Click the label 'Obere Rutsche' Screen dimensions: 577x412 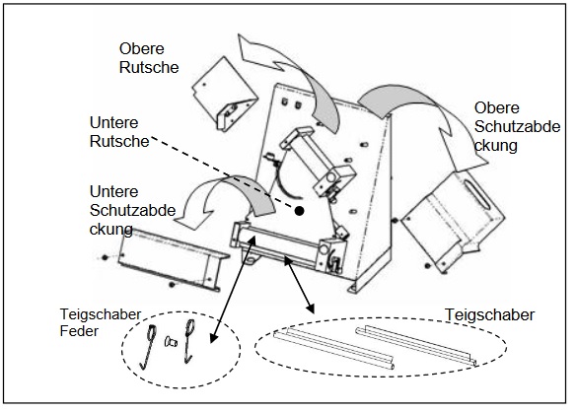click(149, 58)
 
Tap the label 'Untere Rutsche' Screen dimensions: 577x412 click(119, 132)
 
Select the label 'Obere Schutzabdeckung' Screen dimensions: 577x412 click(517, 126)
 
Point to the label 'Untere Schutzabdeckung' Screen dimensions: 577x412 click(132, 210)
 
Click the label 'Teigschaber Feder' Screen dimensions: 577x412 click(100, 322)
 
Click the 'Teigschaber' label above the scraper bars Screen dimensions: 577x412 click(489, 314)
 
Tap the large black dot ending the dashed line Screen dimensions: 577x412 click(300, 211)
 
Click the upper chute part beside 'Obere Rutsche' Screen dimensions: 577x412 click(225, 95)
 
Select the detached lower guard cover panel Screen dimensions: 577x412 click(173, 260)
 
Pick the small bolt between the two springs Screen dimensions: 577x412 click(171, 342)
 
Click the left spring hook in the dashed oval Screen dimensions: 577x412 click(149, 347)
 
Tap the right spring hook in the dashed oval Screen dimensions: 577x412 click(188, 340)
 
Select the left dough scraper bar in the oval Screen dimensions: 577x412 click(333, 348)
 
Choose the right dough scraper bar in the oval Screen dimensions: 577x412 click(416, 345)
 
